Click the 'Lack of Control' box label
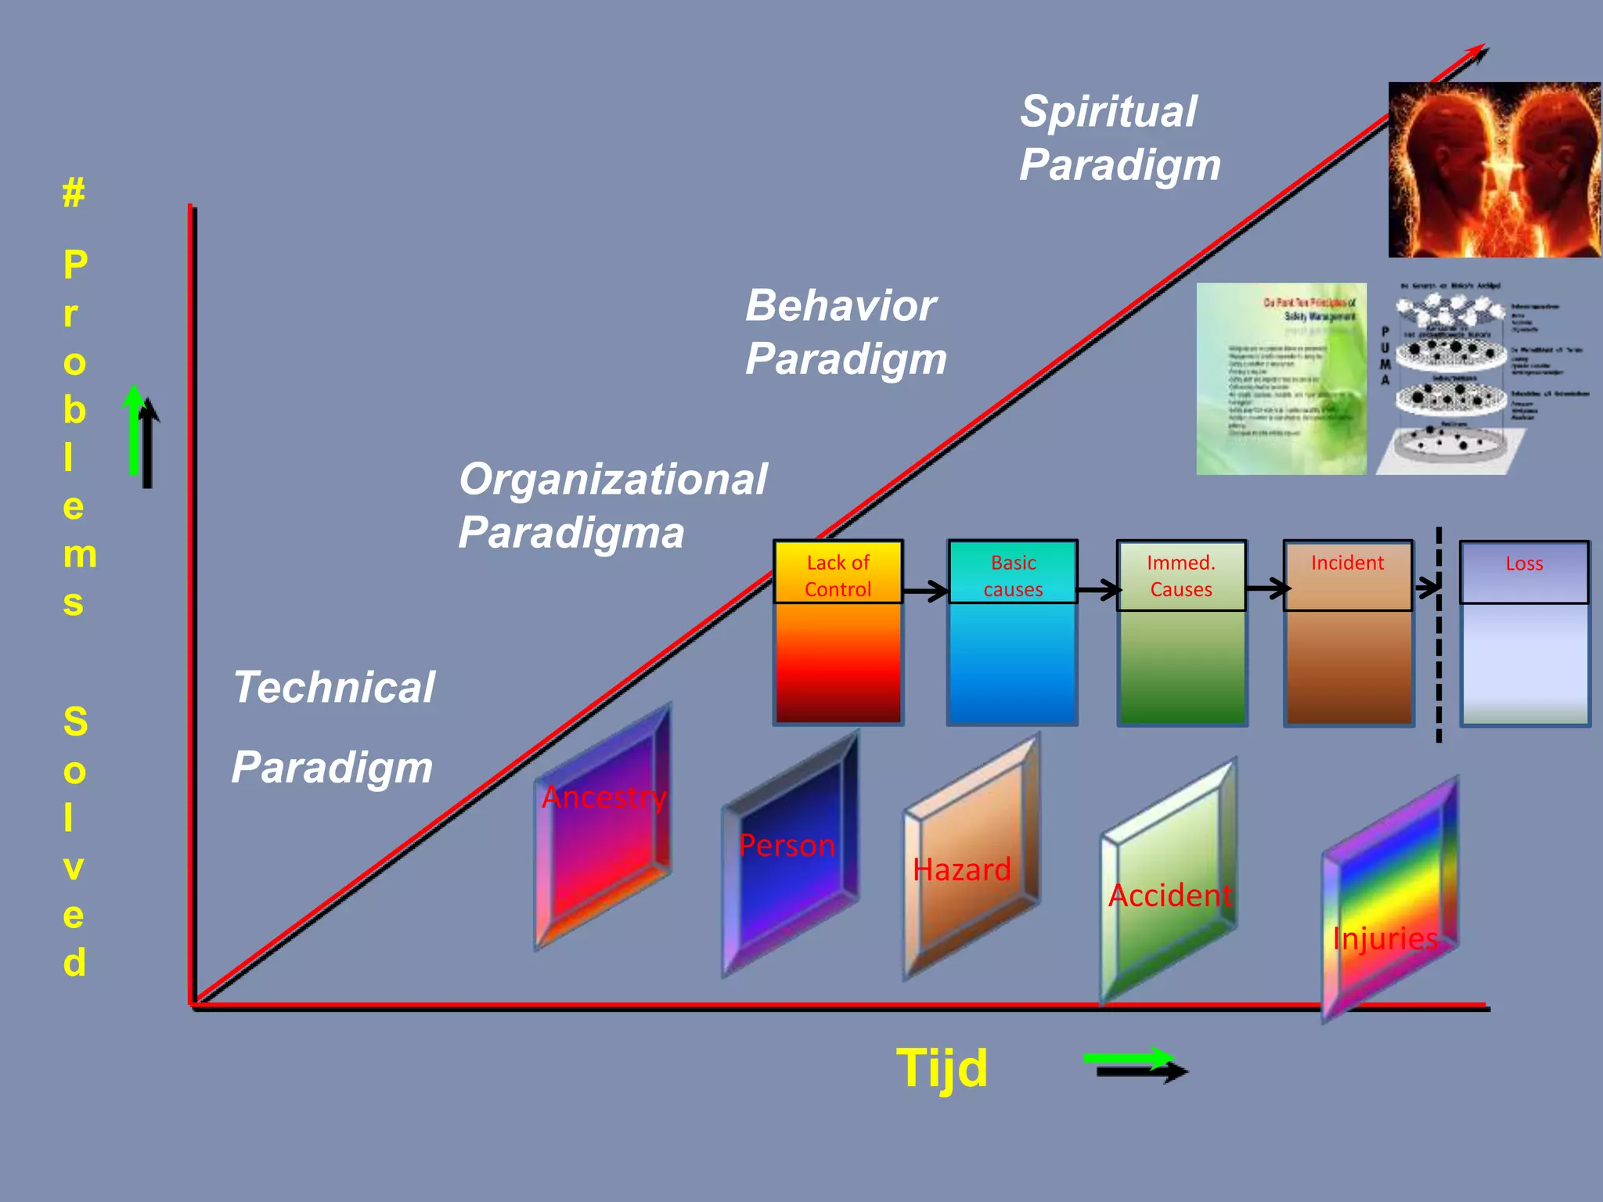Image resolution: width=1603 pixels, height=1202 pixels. tap(838, 575)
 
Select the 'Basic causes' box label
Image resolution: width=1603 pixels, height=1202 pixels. tap(1013, 575)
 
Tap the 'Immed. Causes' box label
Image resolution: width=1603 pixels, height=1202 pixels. tap(1181, 575)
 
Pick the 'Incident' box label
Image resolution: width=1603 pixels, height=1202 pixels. tap(1347, 563)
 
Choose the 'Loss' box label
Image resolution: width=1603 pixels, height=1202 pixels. tap(1524, 564)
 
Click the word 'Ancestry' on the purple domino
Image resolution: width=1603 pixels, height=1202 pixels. tap(604, 797)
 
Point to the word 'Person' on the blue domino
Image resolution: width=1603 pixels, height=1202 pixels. tap(787, 846)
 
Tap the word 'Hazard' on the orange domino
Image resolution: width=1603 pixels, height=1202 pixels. tap(962, 870)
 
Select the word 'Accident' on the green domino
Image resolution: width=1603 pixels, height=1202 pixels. tap(1170, 895)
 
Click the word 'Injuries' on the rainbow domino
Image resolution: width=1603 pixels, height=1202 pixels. tap(1385, 938)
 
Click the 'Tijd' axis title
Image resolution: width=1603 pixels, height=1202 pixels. tap(942, 1068)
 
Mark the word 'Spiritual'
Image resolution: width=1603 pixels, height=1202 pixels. tap(1108, 111)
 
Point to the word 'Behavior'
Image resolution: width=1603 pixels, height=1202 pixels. tap(841, 305)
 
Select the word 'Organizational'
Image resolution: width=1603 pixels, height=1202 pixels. tap(613, 479)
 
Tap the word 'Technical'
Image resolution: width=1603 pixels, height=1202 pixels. tap(334, 687)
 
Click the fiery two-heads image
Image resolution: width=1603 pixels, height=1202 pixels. tap(1493, 170)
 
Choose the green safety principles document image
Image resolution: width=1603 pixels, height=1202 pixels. tap(1281, 379)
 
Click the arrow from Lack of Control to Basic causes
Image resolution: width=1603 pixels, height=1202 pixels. tap(926, 590)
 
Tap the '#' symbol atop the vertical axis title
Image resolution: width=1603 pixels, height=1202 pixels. tap(74, 193)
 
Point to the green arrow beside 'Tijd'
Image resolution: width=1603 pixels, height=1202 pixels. tap(1127, 1059)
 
